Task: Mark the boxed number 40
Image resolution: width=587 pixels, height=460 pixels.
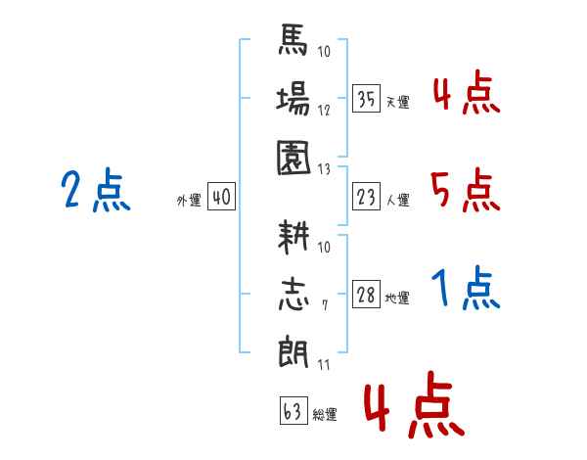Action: [220, 198]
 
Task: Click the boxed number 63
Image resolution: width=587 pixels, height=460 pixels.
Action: [293, 411]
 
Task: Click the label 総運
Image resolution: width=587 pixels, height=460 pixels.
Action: [325, 415]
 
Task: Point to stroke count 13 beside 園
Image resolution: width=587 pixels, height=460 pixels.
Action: [325, 168]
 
